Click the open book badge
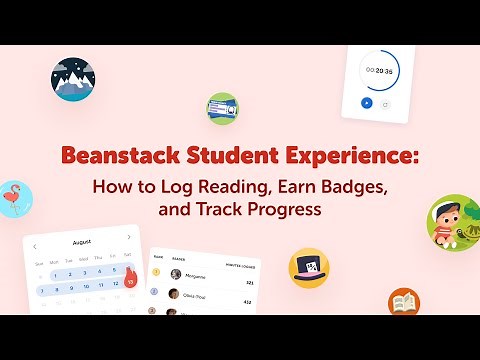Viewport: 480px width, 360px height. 404,301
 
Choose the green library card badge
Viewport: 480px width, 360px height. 222,108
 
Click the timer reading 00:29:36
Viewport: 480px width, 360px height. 379,71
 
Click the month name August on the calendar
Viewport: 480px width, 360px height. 82,243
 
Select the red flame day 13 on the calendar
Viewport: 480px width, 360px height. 130,282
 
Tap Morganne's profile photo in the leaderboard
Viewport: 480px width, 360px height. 175,274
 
